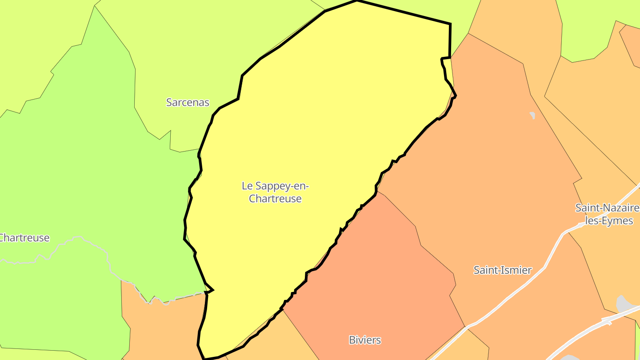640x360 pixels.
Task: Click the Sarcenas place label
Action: [188, 102]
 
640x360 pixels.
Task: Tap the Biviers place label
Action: [365, 340]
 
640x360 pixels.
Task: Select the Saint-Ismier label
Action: [503, 270]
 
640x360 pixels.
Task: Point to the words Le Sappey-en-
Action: [275, 186]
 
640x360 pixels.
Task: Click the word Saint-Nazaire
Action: [607, 208]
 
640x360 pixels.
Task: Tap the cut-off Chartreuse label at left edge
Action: [24, 238]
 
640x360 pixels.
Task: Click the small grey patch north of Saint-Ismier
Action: [532, 115]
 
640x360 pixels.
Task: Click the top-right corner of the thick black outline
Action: [450, 24]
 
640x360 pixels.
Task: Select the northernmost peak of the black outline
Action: [356, 1]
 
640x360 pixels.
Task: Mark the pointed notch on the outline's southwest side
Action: [212, 290]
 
